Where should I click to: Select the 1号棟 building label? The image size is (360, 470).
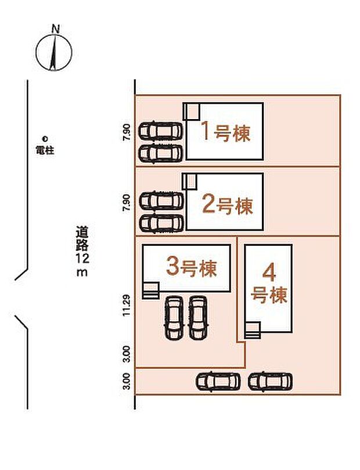coord(226,132)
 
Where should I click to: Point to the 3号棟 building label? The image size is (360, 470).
coord(192,268)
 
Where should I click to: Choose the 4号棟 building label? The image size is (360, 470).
coord(269,284)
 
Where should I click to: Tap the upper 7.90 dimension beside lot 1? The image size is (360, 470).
coord(127,131)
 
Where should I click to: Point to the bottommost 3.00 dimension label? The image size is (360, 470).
coord(127,382)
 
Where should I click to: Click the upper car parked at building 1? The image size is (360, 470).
coord(161,130)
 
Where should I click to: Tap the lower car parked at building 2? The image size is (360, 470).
coord(162,222)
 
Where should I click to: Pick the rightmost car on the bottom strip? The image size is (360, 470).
coord(270,382)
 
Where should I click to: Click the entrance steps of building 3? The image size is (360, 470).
coord(151,290)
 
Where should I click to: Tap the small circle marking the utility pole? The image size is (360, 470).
coord(44,138)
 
